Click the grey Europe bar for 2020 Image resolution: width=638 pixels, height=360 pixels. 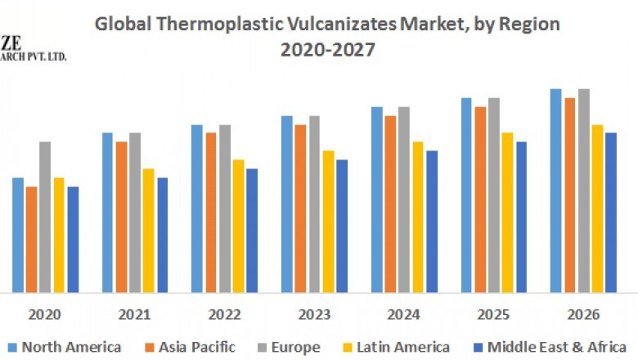[x=45, y=217]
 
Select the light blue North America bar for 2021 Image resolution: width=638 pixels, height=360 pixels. [x=107, y=212]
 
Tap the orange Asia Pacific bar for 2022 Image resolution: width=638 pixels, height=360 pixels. [x=210, y=212]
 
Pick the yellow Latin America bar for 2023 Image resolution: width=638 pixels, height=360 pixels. [x=328, y=221]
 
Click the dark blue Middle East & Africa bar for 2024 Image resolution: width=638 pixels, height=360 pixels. [x=432, y=221]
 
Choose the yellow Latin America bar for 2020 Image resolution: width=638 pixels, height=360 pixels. [x=59, y=235]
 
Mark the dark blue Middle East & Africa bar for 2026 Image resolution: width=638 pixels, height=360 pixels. [x=611, y=212]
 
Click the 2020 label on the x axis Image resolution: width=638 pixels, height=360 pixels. [x=44, y=314]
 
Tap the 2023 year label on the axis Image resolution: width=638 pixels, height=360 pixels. [x=313, y=314]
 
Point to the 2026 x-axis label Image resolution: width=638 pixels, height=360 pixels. [x=582, y=314]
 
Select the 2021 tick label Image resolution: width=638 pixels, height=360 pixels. [x=134, y=314]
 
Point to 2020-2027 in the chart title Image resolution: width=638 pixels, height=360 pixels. [x=327, y=50]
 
